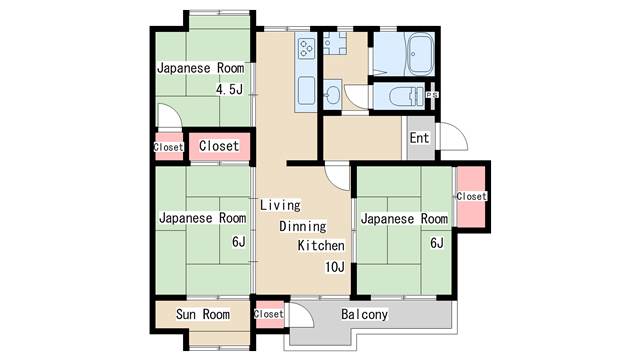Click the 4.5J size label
pyautogui.click(x=229, y=89)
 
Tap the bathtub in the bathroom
pyautogui.click(x=420, y=55)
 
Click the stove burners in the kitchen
pyautogui.click(x=306, y=49)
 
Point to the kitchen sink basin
pyautogui.click(x=306, y=91)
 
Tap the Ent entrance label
pyautogui.click(x=420, y=138)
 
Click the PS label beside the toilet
pyautogui.click(x=432, y=95)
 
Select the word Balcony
pyautogui.click(x=364, y=314)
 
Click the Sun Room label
pyautogui.click(x=203, y=314)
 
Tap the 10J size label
pyautogui.click(x=335, y=267)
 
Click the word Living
pyautogui.click(x=280, y=205)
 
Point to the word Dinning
pyautogui.click(x=303, y=226)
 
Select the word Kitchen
pyautogui.click(x=321, y=246)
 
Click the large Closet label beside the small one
pyautogui.click(x=219, y=146)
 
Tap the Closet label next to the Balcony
pyautogui.click(x=269, y=314)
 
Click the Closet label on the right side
pyautogui.click(x=471, y=196)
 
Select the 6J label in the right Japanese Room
pyautogui.click(x=437, y=243)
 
